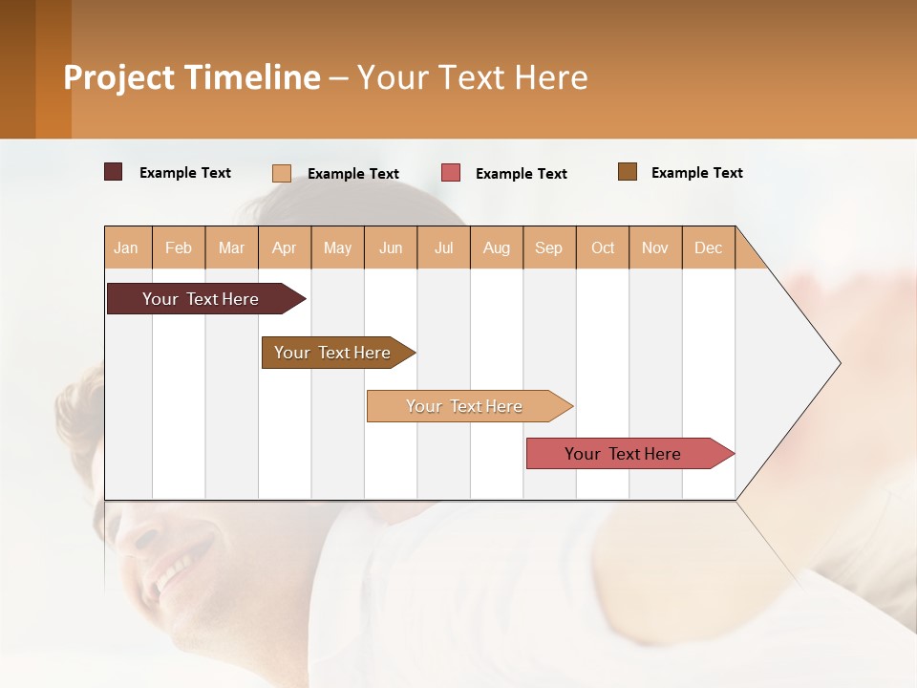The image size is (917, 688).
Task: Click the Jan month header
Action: [x=127, y=247]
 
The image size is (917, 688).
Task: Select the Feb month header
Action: [x=179, y=247]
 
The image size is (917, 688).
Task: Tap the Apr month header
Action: [x=285, y=247]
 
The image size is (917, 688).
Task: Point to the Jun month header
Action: [x=391, y=247]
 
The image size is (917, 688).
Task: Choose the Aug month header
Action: [x=497, y=247]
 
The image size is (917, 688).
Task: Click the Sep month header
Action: [x=549, y=247]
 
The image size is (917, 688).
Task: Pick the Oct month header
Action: [x=603, y=247]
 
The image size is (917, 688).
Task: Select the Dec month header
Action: [x=709, y=247]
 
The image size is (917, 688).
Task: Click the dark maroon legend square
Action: [x=114, y=172]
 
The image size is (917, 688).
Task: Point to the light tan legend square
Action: [x=282, y=173]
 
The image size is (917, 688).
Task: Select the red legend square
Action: [x=451, y=173]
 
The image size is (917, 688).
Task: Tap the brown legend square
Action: [x=628, y=172]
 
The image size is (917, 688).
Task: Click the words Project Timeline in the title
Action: [x=192, y=77]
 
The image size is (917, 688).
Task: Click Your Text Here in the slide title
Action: [x=473, y=77]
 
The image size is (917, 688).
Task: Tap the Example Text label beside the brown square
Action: [x=697, y=173]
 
